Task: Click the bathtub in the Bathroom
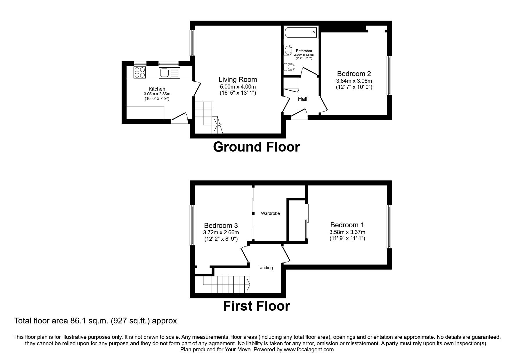point(301,32)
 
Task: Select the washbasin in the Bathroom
point(288,50)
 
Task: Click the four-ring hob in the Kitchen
point(140,72)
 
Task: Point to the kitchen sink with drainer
point(169,73)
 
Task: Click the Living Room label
point(238,80)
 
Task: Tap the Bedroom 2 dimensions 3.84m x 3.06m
point(354,81)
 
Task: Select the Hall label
point(302,99)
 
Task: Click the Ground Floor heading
point(256,147)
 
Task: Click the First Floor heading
point(256,306)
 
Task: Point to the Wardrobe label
point(270,213)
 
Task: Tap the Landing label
point(265,268)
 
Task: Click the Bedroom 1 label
point(347,225)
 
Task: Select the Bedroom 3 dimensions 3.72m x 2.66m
point(221,233)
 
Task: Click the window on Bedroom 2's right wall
point(389,75)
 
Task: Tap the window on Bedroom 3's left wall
point(192,225)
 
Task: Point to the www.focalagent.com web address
point(309,350)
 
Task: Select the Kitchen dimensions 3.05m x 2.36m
point(157,94)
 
